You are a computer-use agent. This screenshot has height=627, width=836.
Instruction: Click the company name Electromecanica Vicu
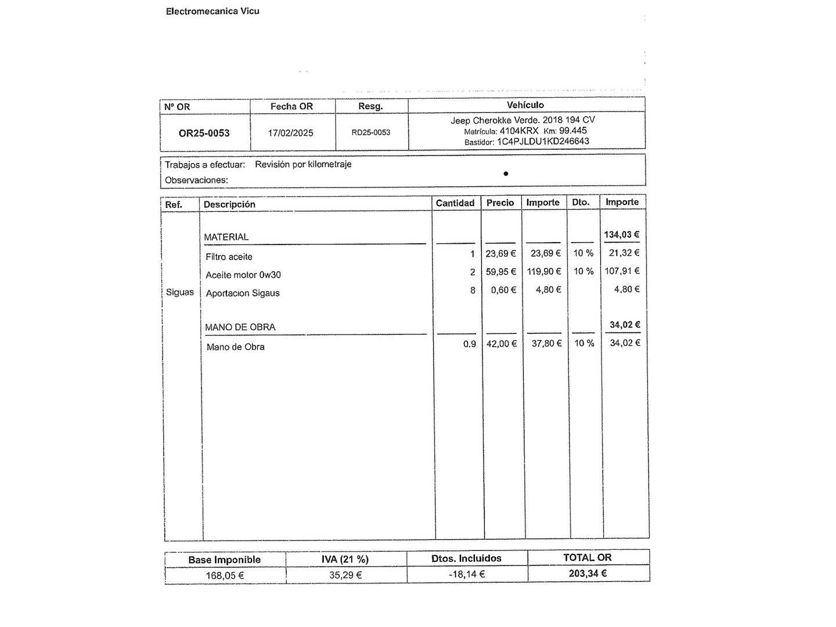pyautogui.click(x=212, y=11)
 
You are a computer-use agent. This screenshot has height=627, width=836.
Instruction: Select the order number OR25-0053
pyautogui.click(x=204, y=133)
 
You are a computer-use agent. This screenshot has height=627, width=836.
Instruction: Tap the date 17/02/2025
pyautogui.click(x=290, y=133)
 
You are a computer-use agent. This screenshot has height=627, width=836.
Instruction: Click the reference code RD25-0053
pyautogui.click(x=371, y=132)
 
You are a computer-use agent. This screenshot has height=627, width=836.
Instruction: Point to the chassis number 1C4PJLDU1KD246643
pyautogui.click(x=543, y=141)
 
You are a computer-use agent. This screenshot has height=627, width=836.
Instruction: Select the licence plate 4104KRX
pyautogui.click(x=519, y=131)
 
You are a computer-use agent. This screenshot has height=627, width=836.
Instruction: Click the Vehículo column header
pyautogui.click(x=525, y=105)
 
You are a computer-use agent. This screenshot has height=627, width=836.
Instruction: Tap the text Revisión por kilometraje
pyautogui.click(x=303, y=164)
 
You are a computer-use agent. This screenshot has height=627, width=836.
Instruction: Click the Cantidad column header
pyautogui.click(x=455, y=203)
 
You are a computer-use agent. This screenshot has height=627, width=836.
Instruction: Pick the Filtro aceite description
pyautogui.click(x=229, y=257)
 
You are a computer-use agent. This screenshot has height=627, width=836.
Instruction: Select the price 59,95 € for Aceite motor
pyautogui.click(x=501, y=271)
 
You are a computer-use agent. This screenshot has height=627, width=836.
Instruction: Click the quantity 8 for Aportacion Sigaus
pyautogui.click(x=473, y=290)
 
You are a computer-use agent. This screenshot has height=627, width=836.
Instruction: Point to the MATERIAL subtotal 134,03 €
pyautogui.click(x=621, y=235)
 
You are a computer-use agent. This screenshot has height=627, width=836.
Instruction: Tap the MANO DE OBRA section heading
pyautogui.click(x=240, y=327)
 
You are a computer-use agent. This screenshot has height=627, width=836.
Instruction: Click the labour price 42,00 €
pyautogui.click(x=501, y=344)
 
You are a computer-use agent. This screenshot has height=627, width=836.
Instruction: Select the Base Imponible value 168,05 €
pyautogui.click(x=225, y=575)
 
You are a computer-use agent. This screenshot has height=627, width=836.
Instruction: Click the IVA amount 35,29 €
pyautogui.click(x=345, y=575)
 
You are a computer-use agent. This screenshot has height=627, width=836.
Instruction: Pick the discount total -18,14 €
pyautogui.click(x=467, y=574)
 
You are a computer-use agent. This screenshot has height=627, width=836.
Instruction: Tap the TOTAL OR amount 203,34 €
pyautogui.click(x=588, y=573)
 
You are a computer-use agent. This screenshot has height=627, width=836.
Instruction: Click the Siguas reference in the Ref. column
pyautogui.click(x=180, y=292)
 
